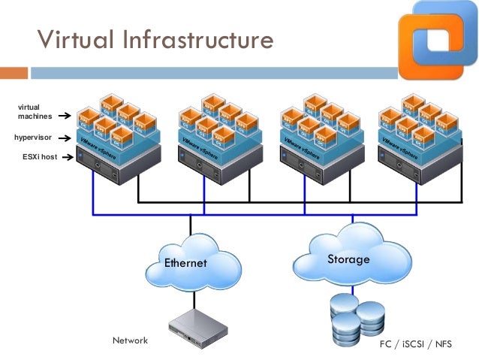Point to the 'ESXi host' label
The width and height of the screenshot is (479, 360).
[37, 157]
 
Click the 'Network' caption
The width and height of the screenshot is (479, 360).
[130, 340]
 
